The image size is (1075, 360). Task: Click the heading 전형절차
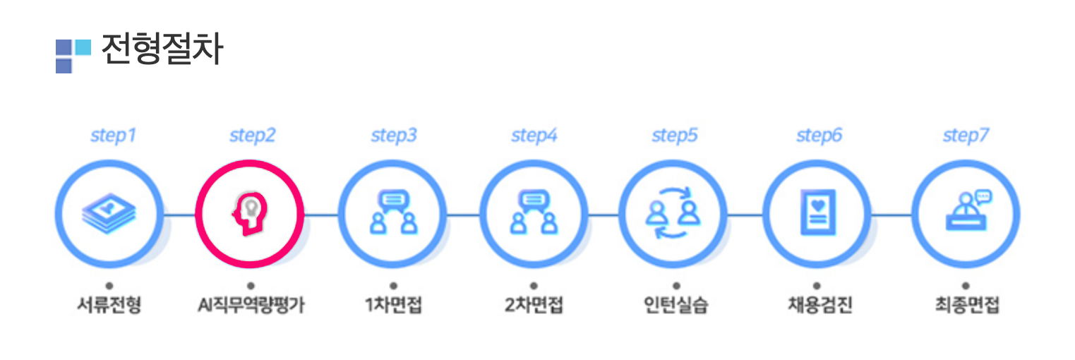click(x=162, y=50)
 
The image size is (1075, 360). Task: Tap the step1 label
click(x=113, y=136)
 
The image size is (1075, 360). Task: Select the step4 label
click(x=534, y=136)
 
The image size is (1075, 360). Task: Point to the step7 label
click(x=966, y=136)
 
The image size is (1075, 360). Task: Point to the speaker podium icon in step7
click(x=966, y=211)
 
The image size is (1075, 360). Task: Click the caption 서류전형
click(x=109, y=306)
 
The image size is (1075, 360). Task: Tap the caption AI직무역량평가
click(x=251, y=306)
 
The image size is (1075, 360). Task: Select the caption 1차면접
click(x=393, y=306)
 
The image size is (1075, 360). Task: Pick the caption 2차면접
click(x=534, y=306)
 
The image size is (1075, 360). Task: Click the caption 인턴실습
click(x=675, y=306)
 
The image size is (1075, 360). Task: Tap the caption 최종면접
click(x=966, y=306)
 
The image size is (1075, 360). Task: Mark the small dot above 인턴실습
click(x=675, y=286)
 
